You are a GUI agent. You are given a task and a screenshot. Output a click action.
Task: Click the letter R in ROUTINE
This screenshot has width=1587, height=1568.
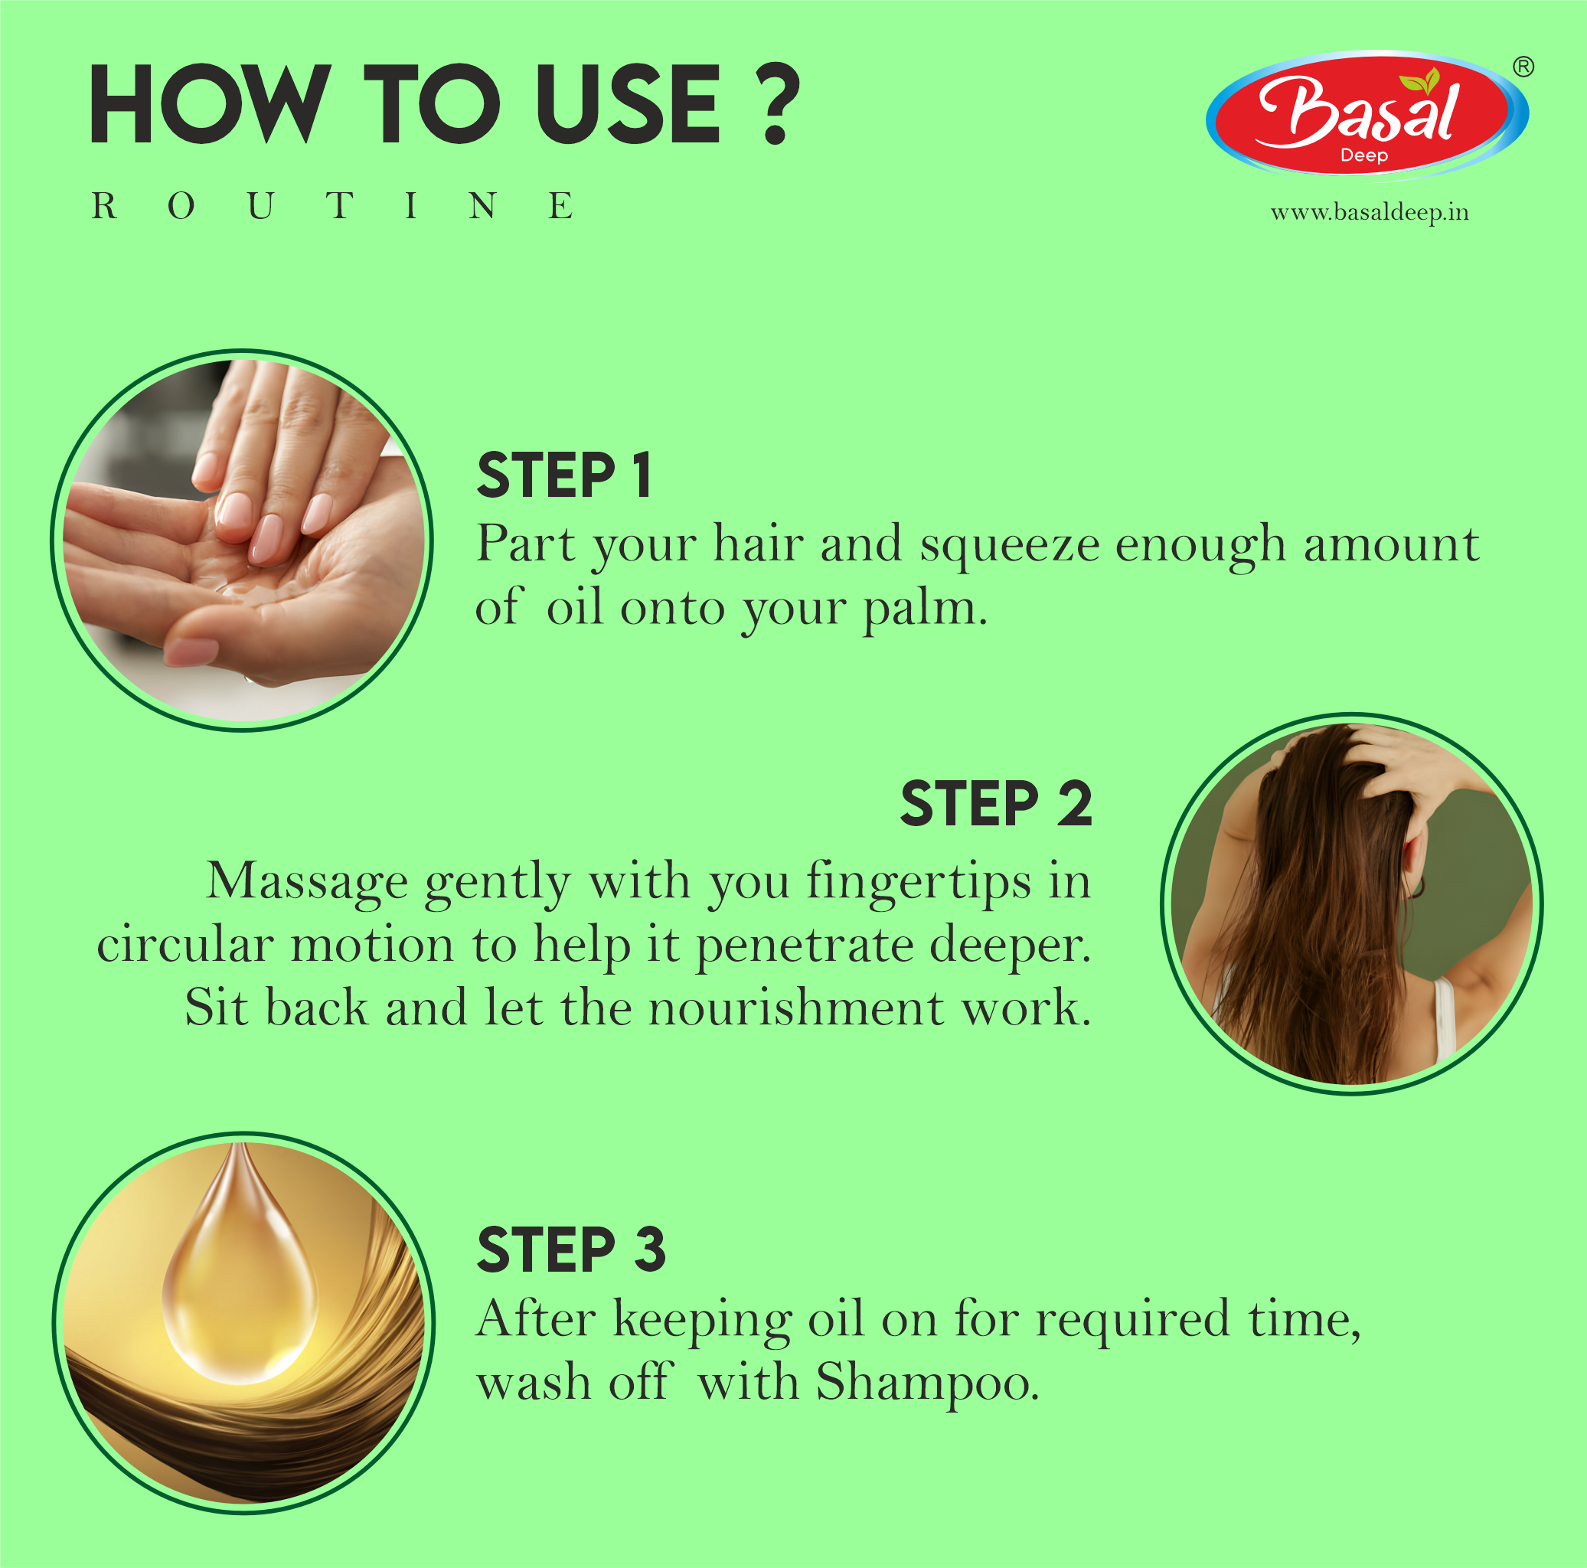[x=103, y=206]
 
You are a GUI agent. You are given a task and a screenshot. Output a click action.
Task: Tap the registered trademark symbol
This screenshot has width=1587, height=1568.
[x=1523, y=67]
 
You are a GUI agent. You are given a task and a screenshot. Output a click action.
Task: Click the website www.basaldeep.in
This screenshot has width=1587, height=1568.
[x=1370, y=213]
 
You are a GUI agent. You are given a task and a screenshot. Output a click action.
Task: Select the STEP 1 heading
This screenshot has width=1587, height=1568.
[x=564, y=475]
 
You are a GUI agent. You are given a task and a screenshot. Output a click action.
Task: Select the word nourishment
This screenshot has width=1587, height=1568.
[x=795, y=1008]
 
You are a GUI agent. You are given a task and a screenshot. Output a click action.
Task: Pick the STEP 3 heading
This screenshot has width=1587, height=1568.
[x=571, y=1250]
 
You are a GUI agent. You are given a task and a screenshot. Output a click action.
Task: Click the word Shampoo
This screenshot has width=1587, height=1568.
[x=926, y=1383]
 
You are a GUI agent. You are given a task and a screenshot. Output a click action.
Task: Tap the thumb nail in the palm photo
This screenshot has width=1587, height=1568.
[x=191, y=652]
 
